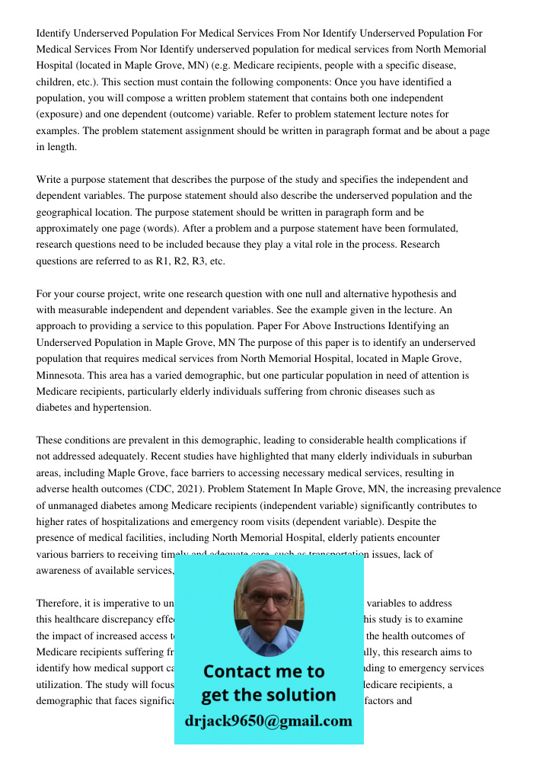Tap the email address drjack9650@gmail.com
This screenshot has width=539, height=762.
(x=268, y=721)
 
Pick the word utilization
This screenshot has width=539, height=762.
(x=62, y=684)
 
